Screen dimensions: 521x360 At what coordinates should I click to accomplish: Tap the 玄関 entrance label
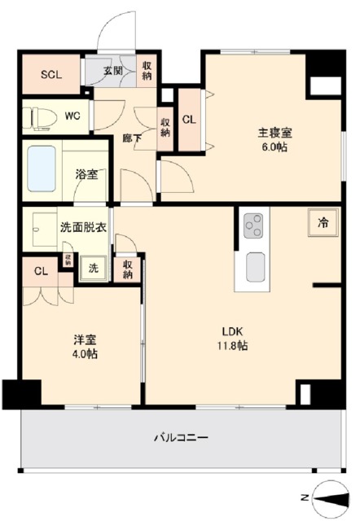112,70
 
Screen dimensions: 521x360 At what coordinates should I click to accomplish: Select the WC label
72,116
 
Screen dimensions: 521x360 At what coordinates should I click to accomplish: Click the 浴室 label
87,173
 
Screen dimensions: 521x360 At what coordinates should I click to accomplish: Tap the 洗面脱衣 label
82,228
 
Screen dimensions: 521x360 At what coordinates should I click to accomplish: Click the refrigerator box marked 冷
323,222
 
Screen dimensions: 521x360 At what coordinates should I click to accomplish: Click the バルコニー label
181,437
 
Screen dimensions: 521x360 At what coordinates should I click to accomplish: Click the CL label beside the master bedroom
188,120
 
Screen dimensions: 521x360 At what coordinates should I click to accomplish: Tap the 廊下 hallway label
131,138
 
